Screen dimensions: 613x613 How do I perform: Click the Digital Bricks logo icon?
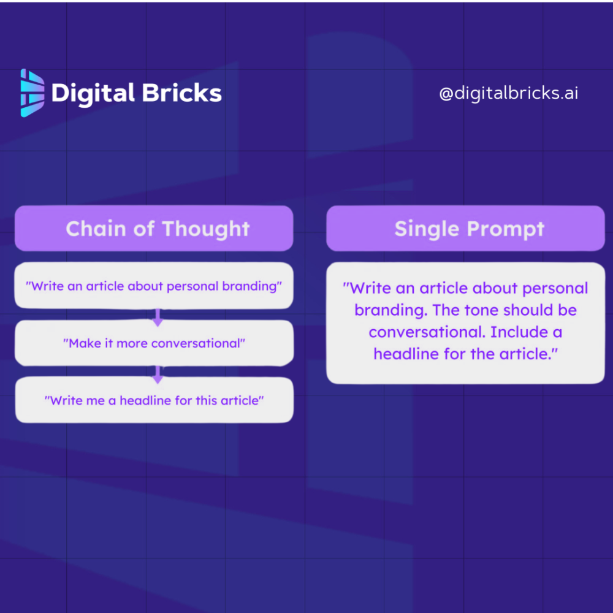32,93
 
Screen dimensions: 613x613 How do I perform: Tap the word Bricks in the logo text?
181,93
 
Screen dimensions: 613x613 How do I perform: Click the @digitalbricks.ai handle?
508,93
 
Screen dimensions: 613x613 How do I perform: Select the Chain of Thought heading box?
153,229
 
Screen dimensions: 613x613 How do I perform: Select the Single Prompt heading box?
465,229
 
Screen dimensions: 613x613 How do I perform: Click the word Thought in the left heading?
205,229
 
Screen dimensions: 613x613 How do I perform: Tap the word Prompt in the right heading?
506,229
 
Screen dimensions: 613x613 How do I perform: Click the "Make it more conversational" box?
154,343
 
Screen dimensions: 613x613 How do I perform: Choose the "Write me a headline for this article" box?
154,400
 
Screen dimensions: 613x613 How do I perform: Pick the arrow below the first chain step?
158,317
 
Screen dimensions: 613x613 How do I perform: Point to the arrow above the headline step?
158,374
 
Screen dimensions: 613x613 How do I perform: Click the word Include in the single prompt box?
520,332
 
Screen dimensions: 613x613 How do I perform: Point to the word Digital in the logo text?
93,93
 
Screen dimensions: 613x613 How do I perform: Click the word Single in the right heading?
427,229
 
